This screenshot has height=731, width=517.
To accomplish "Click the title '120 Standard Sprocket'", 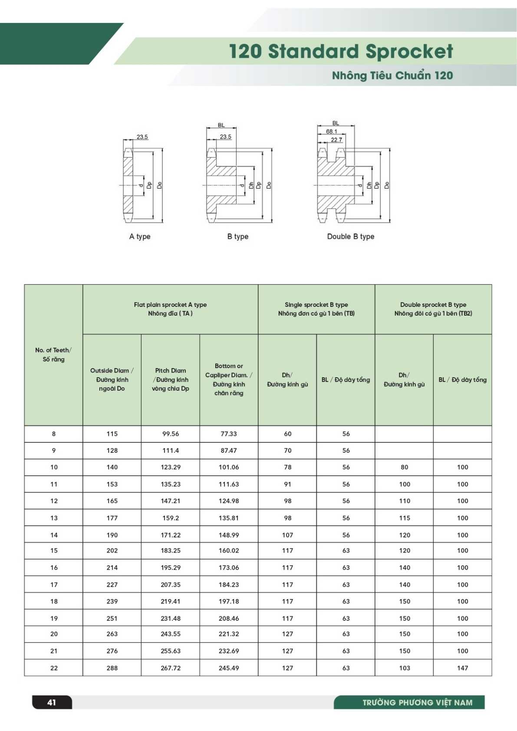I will point(341,51).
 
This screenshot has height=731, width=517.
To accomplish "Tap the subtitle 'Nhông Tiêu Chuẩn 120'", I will point(392,76).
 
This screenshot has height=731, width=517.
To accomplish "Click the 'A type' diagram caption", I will point(140,237).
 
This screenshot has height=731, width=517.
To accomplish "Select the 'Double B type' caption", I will point(350,237).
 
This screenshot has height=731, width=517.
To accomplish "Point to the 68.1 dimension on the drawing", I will point(331,131).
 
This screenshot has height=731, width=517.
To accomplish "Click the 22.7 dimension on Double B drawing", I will point(336,139).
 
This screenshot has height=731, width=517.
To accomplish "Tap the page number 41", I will point(52,702).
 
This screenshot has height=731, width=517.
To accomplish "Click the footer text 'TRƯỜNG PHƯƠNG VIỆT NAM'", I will point(417,702).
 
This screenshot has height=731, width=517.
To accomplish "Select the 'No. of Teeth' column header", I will point(53,355).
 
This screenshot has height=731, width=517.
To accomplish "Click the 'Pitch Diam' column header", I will point(171,379).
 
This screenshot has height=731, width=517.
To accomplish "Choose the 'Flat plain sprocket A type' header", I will point(170,309).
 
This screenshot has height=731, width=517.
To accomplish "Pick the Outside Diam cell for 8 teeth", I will point(112,434).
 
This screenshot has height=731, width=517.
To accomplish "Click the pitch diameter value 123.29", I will point(171,467).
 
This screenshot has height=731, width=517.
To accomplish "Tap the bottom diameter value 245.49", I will point(229,668).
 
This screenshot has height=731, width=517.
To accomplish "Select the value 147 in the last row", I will point(462,668).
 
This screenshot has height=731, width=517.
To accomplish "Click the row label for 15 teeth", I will point(54,550).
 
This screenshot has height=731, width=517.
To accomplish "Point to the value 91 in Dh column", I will point(287,484).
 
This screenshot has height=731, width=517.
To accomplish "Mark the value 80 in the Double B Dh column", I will point(404,467).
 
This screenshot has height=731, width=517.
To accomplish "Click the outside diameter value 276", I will point(112,651).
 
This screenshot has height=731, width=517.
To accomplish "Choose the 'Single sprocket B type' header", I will point(316,309).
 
